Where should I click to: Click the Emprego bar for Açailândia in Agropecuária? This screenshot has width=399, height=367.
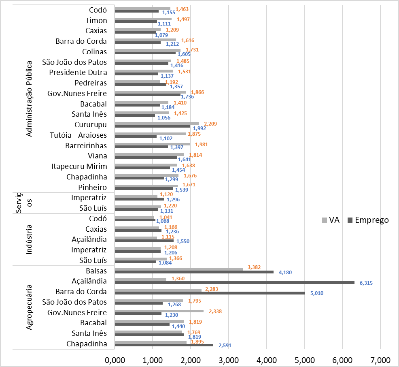235,283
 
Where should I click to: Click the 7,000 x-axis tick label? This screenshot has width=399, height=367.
380,360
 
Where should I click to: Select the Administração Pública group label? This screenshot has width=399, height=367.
29,98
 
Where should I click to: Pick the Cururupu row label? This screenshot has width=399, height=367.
91,124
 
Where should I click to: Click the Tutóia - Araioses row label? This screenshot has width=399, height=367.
79,135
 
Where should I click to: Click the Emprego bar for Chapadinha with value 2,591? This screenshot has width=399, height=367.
164,345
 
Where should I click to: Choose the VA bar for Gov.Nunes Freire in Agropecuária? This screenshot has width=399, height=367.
159,311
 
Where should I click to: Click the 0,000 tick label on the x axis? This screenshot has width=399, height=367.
115,360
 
